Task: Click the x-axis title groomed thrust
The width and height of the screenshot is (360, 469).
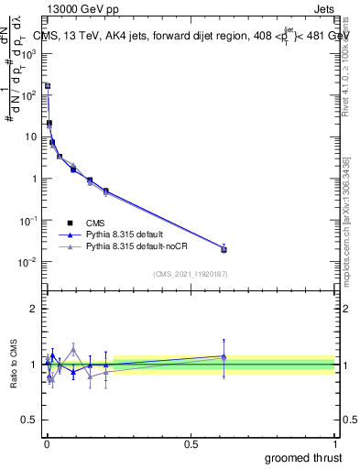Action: [x=303, y=457]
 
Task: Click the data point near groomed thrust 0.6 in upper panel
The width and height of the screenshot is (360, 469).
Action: [x=224, y=249]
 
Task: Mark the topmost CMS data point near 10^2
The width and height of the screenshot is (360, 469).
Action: [x=48, y=86]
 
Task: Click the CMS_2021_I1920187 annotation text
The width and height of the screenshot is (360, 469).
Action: [x=190, y=274]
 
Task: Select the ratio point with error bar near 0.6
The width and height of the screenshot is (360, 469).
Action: [x=224, y=356]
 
